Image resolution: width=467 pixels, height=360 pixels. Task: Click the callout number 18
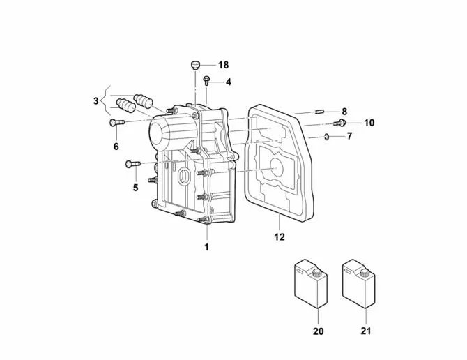tap(223, 65)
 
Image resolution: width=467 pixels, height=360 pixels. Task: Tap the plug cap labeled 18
tap(194, 66)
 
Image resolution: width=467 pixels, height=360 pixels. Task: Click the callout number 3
tap(95, 100)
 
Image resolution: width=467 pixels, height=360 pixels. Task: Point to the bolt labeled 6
tap(117, 122)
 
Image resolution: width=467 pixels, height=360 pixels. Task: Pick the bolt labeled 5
tap(133, 164)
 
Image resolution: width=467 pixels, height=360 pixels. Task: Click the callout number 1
tap(206, 247)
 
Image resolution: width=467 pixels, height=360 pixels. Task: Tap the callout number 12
tap(280, 237)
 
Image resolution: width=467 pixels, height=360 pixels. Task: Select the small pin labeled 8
tap(319, 112)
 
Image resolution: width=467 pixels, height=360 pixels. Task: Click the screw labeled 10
tap(339, 123)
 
